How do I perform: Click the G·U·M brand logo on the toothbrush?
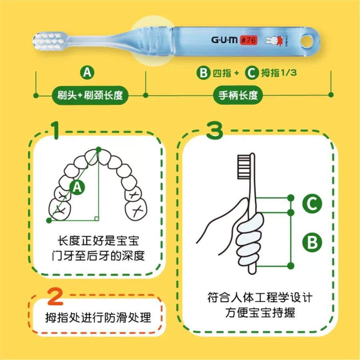pos(224,40)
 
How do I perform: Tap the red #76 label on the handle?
pos(248,40)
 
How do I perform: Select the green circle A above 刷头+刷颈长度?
pos(87,72)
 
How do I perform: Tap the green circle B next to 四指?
pos(203,73)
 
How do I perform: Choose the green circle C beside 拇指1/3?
pos(252,73)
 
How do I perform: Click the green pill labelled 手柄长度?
pos(238,95)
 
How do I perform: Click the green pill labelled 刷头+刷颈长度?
pos(90,95)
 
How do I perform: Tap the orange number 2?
pos(56,297)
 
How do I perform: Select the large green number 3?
pos(215,130)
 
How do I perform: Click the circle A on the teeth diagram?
pos(77,187)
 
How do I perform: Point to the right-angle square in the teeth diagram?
pos(96,218)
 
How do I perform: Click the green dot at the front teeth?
pos(98,150)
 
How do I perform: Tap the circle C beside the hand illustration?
pos(312,204)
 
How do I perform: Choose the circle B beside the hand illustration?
pos(312,243)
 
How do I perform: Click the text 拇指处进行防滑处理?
pos(98,318)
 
